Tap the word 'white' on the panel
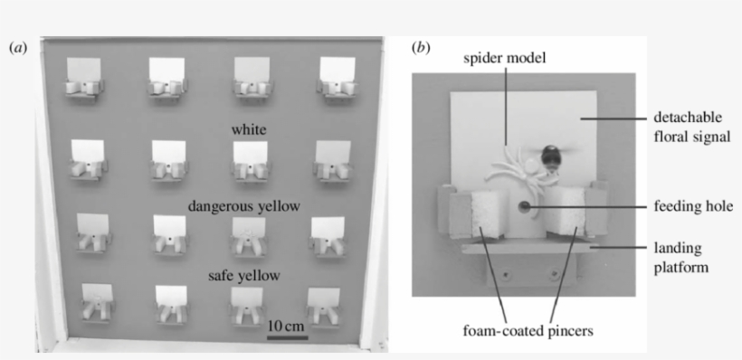click(x=249, y=130)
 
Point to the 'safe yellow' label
click(x=245, y=275)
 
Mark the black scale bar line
click(x=287, y=337)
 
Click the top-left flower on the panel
click(x=84, y=76)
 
